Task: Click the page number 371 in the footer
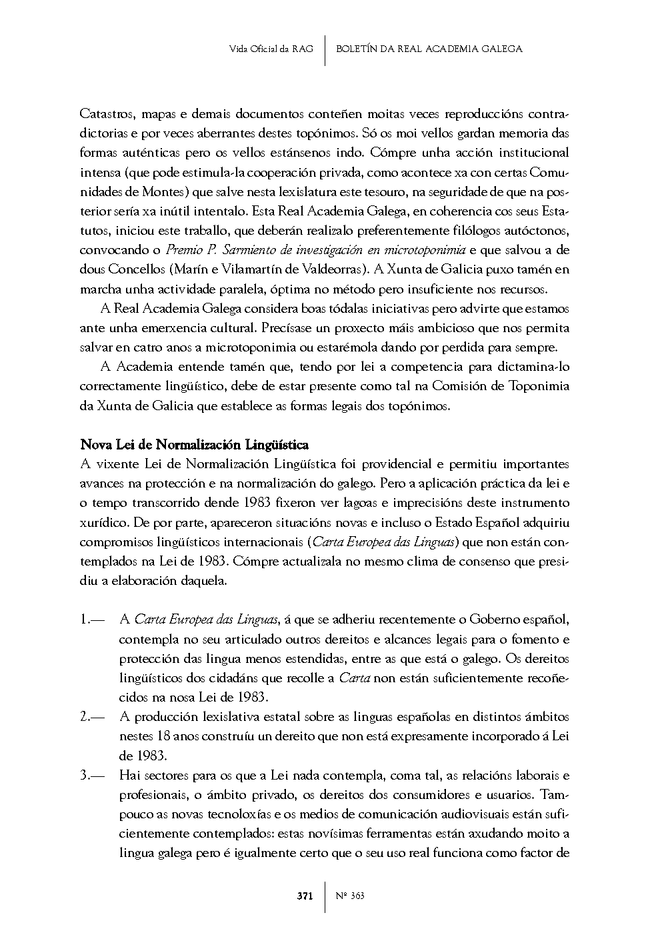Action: (x=305, y=896)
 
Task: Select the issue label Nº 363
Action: (x=351, y=896)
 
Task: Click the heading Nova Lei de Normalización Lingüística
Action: (x=194, y=444)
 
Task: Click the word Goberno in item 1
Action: (x=494, y=620)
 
